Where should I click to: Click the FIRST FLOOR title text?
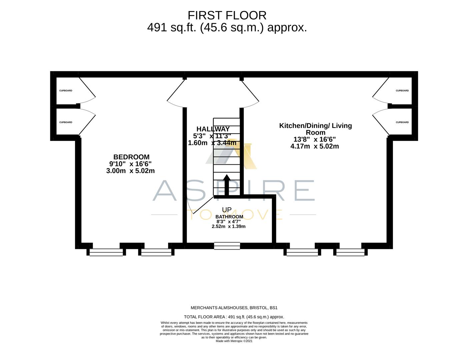tap(227, 15)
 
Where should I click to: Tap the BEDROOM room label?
tap(131, 157)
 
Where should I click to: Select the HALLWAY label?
tap(213, 129)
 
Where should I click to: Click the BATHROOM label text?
tap(229, 217)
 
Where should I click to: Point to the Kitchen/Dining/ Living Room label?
tap(315, 129)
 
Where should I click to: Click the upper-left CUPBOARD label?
tap(66, 91)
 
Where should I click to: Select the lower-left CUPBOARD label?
tap(66, 122)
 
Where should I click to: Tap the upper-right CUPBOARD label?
tap(402, 91)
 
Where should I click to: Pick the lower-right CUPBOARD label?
tap(402, 122)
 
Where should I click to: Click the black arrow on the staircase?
tap(226, 185)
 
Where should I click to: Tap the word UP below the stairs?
tap(227, 210)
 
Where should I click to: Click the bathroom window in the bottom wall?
tap(227, 246)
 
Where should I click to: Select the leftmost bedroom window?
tap(106, 252)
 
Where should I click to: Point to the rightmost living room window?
tap(350, 252)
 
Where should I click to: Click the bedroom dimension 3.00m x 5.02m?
tap(130, 171)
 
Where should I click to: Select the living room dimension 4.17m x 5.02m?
tap(314, 146)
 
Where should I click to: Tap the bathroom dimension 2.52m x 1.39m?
tap(228, 226)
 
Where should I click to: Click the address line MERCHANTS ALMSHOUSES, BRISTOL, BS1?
tap(234, 308)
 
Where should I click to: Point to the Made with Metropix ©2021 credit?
tap(234, 341)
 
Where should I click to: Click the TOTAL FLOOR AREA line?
tap(234, 317)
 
